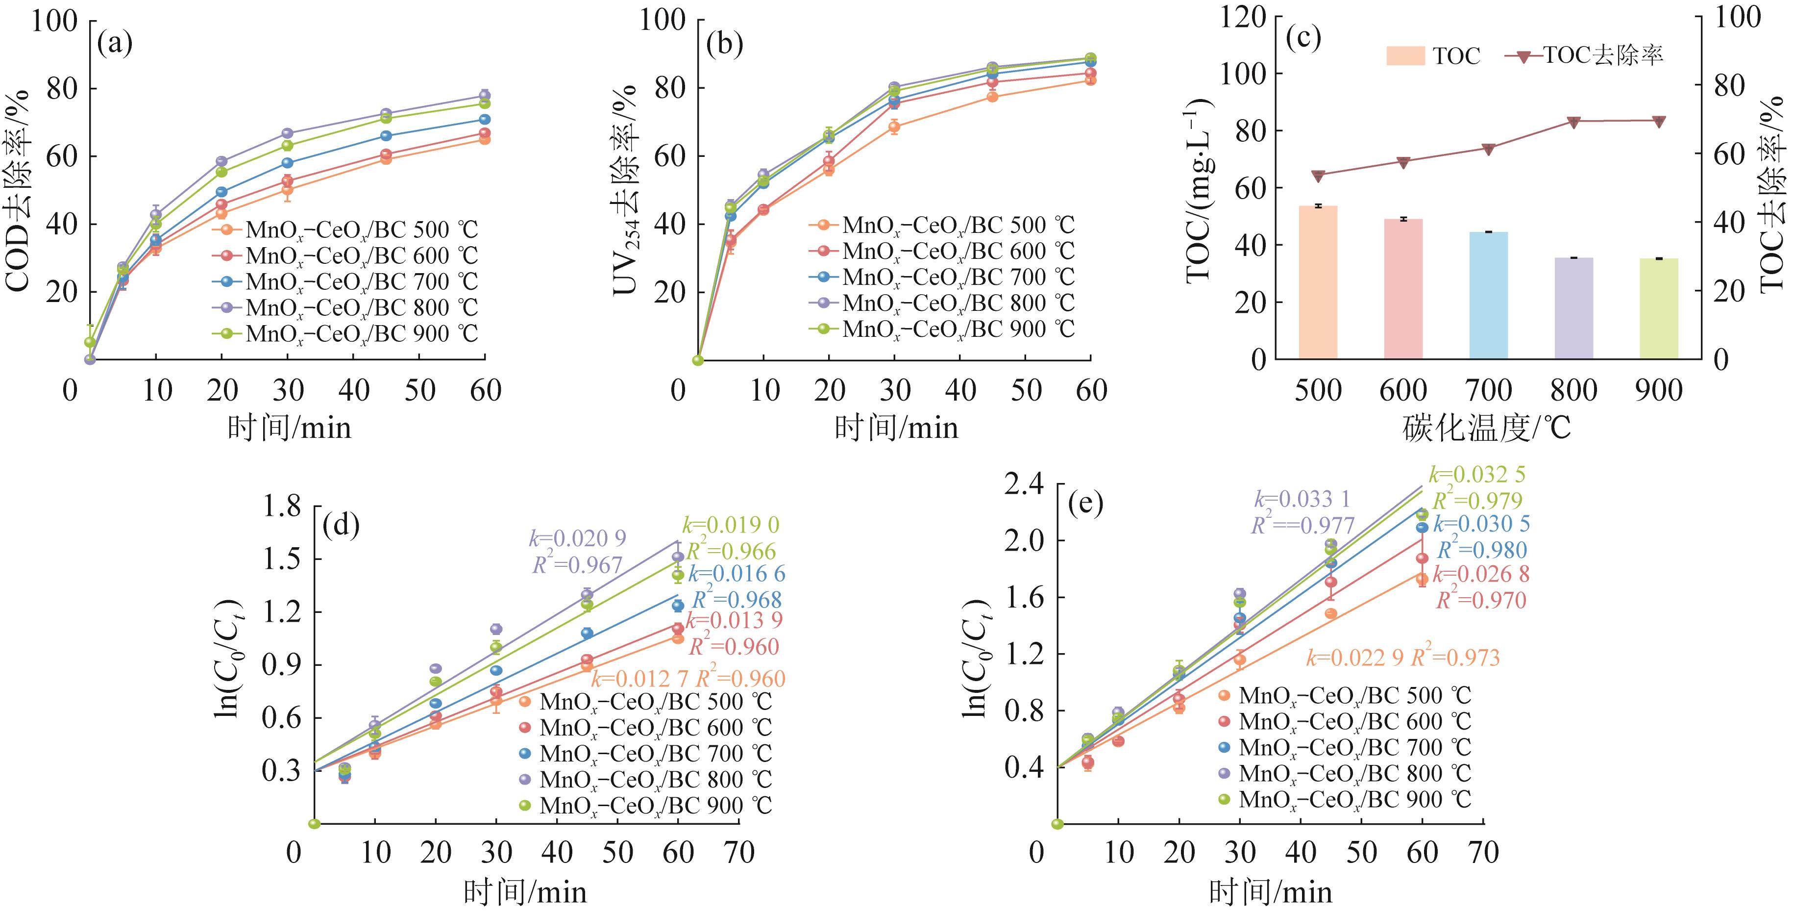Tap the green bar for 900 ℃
coord(1659,308)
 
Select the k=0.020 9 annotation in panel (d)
coord(577,538)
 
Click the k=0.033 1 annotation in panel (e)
coord(1302,499)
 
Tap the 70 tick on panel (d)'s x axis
coord(738,852)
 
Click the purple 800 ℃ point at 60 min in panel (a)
coord(485,96)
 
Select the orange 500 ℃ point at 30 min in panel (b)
coord(894,127)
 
